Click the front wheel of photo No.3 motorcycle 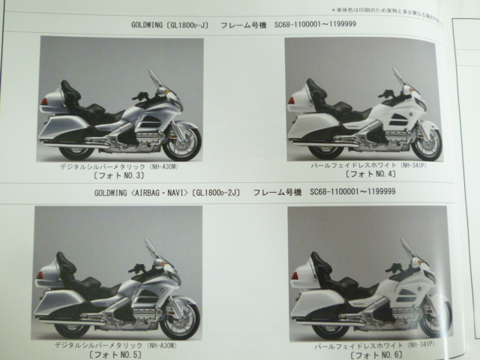(181, 142)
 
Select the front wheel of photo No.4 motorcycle (425, 140)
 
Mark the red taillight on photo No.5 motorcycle (40, 275)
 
